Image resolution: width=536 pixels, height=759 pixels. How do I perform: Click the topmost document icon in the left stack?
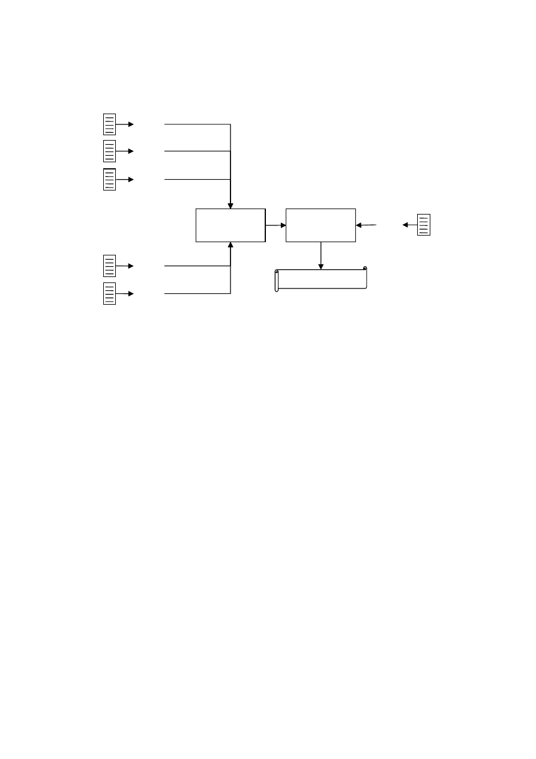pyautogui.click(x=109, y=124)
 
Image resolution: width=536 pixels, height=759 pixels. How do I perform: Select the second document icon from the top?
pyautogui.click(x=109, y=151)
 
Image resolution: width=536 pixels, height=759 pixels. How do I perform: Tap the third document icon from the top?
pyautogui.click(x=109, y=180)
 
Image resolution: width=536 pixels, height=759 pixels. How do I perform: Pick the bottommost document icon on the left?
pyautogui.click(x=109, y=293)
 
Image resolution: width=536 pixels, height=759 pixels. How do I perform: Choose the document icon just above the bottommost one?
pyautogui.click(x=109, y=265)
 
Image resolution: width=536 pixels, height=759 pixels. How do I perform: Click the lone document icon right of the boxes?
pyautogui.click(x=424, y=224)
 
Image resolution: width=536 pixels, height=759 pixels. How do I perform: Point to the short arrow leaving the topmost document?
pyautogui.click(x=125, y=124)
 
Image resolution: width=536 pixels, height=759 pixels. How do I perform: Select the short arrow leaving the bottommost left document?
pyautogui.click(x=125, y=293)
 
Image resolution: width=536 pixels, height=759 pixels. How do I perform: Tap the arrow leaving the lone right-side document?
pyautogui.click(x=409, y=225)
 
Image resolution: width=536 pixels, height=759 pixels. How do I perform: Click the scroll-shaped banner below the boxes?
pyautogui.click(x=321, y=279)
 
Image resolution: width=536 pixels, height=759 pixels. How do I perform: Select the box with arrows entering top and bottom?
pyautogui.click(x=230, y=225)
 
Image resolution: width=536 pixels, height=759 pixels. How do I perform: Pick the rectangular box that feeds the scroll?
pyautogui.click(x=321, y=225)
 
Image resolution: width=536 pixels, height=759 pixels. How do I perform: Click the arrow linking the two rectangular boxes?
pyautogui.click(x=276, y=225)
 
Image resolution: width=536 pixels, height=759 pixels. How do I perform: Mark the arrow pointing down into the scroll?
pyautogui.click(x=321, y=256)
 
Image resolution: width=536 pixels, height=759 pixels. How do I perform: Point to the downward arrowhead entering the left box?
pyautogui.click(x=230, y=206)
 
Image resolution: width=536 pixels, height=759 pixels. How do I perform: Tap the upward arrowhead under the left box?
pyautogui.click(x=230, y=245)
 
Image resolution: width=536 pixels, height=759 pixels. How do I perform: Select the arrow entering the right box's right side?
pyautogui.click(x=366, y=225)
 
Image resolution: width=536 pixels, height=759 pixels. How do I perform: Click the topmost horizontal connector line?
pyautogui.click(x=197, y=124)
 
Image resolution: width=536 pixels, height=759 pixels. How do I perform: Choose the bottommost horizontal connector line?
pyautogui.click(x=197, y=293)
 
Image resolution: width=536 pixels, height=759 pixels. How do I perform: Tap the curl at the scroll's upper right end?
pyautogui.click(x=364, y=269)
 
